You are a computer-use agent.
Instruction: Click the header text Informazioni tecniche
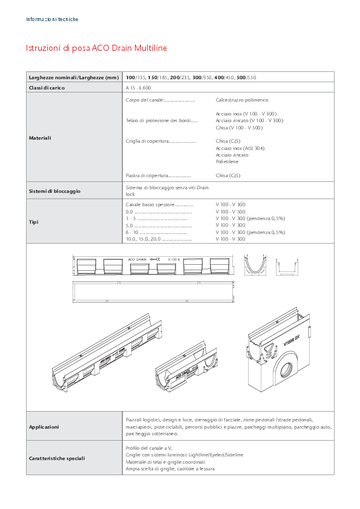point(52,19)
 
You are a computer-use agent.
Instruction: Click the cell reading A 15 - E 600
point(139,88)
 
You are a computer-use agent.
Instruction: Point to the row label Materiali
point(40,138)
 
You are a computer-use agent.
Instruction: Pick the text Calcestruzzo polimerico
point(242,100)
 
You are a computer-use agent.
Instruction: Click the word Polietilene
point(227,162)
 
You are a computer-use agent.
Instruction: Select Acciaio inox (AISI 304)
point(240,148)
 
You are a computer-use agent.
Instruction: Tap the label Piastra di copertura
point(146,175)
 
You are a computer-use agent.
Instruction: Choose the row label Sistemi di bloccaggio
point(54,191)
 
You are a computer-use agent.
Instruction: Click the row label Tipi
point(34,222)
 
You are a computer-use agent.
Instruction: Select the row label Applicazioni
point(44,427)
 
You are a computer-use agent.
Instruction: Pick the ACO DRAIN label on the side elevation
point(137,259)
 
